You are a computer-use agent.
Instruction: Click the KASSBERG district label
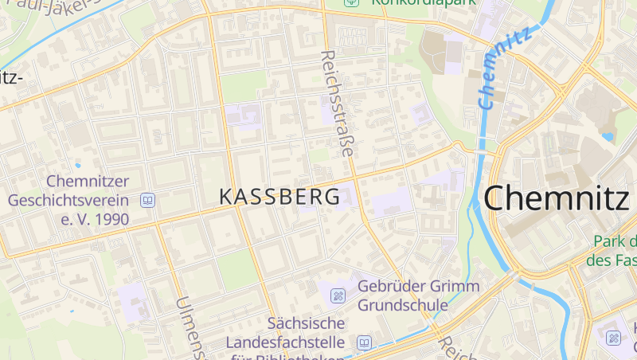(279, 197)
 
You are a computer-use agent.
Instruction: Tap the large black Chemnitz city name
(555, 198)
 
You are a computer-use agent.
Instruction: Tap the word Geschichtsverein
(68, 200)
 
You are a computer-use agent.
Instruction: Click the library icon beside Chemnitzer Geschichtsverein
(147, 200)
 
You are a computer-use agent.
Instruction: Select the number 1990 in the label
(105, 218)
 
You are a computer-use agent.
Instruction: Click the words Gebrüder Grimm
(419, 287)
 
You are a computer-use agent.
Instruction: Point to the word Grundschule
(407, 305)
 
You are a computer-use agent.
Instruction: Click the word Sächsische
(307, 323)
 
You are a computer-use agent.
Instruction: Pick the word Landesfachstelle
(286, 342)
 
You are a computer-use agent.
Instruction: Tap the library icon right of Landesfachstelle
(364, 342)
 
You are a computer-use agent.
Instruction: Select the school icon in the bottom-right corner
(614, 338)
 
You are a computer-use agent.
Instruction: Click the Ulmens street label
(190, 327)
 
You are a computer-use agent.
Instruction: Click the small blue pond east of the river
(608, 136)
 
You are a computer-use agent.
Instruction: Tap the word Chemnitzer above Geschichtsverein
(87, 182)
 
